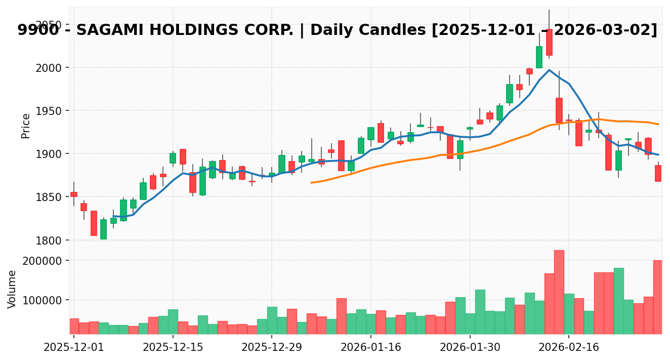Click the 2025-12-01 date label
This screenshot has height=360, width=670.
tap(74, 348)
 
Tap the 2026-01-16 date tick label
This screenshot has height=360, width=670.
tap(371, 348)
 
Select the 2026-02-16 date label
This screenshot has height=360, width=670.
tap(569, 348)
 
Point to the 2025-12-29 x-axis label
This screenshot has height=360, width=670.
tap(272, 348)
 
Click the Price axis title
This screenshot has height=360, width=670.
tap(26, 126)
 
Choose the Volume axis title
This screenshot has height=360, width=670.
tap(12, 289)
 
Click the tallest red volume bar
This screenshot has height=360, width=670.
tap(559, 292)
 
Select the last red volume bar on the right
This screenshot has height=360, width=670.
tap(658, 297)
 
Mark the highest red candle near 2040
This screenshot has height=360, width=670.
tap(549, 42)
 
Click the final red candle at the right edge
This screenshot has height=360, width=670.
tap(658, 173)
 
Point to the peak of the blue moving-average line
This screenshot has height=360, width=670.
tap(549, 70)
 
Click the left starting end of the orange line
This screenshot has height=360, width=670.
tap(311, 182)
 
